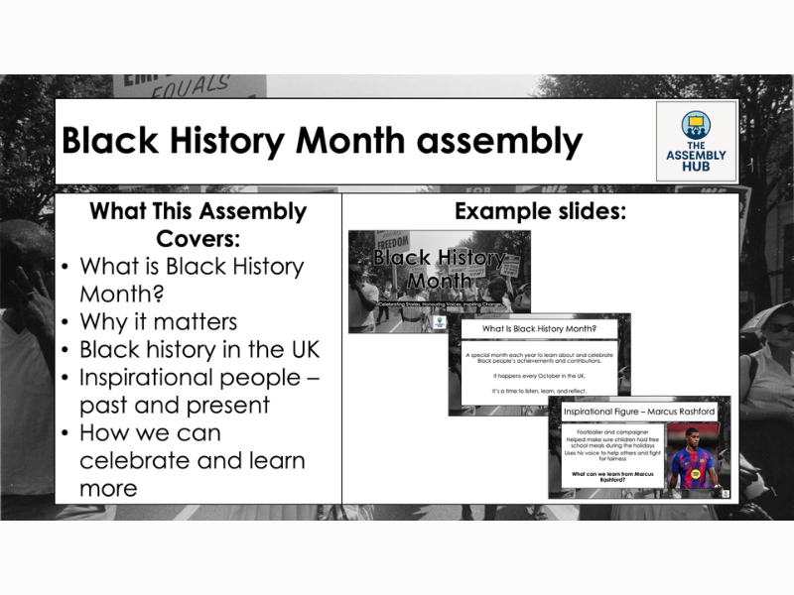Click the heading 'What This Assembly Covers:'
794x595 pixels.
coord(198,225)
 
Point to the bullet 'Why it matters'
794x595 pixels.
coord(158,322)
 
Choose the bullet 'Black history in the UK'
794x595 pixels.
coord(198,350)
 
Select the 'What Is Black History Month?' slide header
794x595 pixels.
coord(539,328)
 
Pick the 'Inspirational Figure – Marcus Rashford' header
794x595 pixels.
coord(638,411)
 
